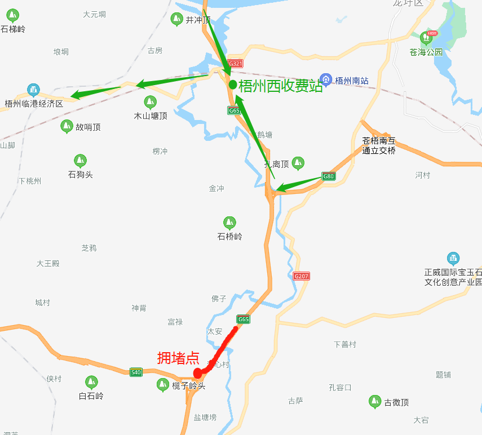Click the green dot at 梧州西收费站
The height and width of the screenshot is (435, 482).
pos(232,85)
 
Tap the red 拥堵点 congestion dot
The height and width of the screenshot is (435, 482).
pos(197,372)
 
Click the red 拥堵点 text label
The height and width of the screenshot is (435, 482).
pos(178,358)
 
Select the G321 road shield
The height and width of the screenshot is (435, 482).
pos(236,64)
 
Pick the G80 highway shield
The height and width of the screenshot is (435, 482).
pos(328,176)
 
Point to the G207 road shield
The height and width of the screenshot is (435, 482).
pos(302,276)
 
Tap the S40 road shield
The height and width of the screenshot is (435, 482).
pos(136,372)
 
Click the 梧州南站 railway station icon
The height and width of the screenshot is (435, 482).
pos(325,80)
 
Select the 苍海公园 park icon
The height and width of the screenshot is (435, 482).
pos(426,38)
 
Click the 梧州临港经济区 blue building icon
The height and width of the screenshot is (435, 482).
pos(33,90)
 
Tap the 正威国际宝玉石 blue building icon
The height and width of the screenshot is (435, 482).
pos(453,259)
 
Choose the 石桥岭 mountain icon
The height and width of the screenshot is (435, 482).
pos(229,223)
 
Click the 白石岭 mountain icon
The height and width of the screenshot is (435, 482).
pos(91,382)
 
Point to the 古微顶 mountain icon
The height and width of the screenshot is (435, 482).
pos(374,402)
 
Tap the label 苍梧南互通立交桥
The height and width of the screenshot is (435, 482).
pos(379,146)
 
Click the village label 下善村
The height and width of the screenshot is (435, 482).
pos(345,344)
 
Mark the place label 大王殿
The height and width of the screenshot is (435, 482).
pos(48,263)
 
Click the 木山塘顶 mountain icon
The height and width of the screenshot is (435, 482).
pos(150,102)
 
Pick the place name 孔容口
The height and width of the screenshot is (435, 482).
pos(340,387)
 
